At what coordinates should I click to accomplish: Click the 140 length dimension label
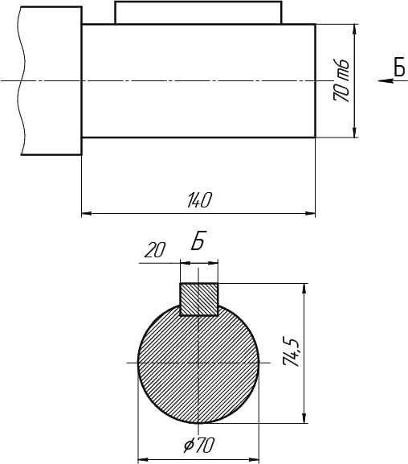pyautogui.click(x=199, y=200)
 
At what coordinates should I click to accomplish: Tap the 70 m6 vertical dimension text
pyautogui.click(x=341, y=80)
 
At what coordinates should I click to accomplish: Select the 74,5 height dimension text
pyautogui.click(x=292, y=351)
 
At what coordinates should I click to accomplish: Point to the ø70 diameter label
pyautogui.click(x=198, y=445)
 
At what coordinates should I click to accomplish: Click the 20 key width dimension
pyautogui.click(x=155, y=250)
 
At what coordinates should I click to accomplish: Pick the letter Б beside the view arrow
pyautogui.click(x=399, y=67)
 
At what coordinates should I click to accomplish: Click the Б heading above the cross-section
pyautogui.click(x=198, y=240)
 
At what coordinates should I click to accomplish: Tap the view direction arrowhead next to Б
pyautogui.click(x=386, y=80)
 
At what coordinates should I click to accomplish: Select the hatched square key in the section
pyautogui.click(x=199, y=299)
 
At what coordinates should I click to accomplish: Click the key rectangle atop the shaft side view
pyautogui.click(x=198, y=12)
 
